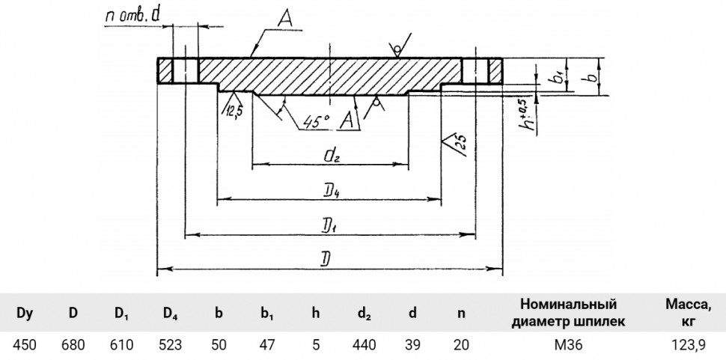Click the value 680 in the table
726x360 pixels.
(x=73, y=345)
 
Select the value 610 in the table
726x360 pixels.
(x=122, y=345)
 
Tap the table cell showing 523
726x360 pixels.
(x=170, y=345)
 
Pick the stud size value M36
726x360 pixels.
(x=569, y=345)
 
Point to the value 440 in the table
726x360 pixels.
(x=364, y=345)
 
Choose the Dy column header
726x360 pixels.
(x=25, y=314)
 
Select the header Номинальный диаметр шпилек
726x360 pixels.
(x=569, y=313)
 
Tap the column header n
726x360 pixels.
(x=461, y=314)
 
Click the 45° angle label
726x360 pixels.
(x=317, y=122)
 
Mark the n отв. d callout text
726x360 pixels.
(x=132, y=16)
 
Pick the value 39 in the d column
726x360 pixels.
(x=412, y=345)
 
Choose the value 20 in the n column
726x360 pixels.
(x=461, y=345)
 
